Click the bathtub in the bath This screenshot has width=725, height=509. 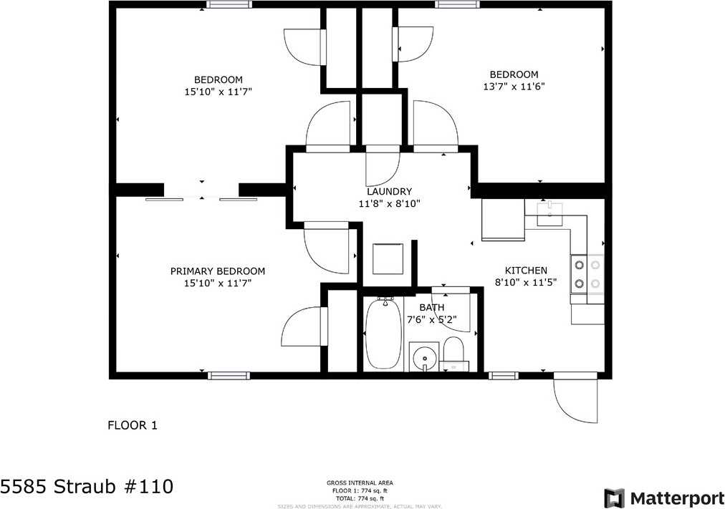(383, 334)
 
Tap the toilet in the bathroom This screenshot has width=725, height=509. (453, 352)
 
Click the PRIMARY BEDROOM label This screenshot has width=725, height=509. (217, 271)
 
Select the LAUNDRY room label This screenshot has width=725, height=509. (389, 191)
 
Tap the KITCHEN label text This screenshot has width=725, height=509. (526, 271)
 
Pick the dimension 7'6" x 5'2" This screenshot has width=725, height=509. (431, 320)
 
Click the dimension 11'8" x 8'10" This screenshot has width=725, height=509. (389, 203)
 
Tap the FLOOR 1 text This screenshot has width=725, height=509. (132, 425)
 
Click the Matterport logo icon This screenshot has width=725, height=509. (614, 498)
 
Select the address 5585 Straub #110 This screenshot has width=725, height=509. (87, 488)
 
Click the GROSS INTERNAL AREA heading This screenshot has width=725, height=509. (359, 483)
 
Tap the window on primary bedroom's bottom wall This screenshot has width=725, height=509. (229, 375)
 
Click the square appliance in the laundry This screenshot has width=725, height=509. (388, 258)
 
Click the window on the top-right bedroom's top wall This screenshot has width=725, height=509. (458, 4)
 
